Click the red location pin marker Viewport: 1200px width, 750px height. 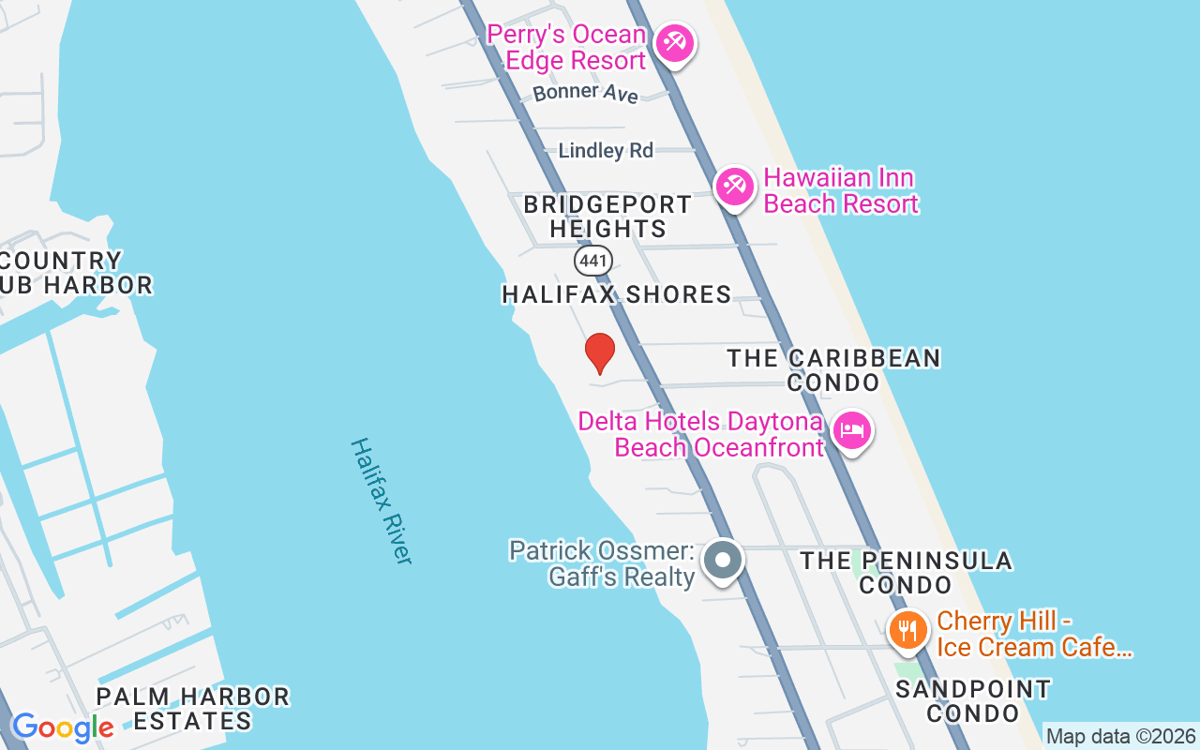tap(600, 352)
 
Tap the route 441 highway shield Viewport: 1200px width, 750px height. tap(593, 260)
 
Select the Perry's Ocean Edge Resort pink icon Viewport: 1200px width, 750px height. tap(674, 43)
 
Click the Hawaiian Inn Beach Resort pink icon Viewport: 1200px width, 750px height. tap(734, 187)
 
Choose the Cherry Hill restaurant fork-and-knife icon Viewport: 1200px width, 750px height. tap(907, 630)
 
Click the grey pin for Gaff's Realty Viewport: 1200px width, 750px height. tap(723, 561)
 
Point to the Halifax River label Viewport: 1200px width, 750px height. tap(382, 501)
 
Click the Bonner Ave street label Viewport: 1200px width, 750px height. tap(585, 93)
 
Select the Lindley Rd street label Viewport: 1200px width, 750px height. tap(606, 151)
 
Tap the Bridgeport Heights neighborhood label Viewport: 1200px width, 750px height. tap(607, 217)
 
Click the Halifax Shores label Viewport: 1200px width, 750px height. tap(616, 294)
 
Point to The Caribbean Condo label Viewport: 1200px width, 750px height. tap(833, 370)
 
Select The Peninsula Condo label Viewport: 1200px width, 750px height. tap(906, 573)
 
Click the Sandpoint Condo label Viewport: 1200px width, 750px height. tap(973, 701)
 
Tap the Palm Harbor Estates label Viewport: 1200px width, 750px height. tap(193, 709)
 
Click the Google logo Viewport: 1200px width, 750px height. tap(63, 727)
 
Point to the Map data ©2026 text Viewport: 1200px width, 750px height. tap(1120, 736)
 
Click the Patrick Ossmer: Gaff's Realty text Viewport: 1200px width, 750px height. tap(601, 563)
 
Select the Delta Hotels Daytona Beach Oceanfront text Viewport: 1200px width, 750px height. tap(700, 434)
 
